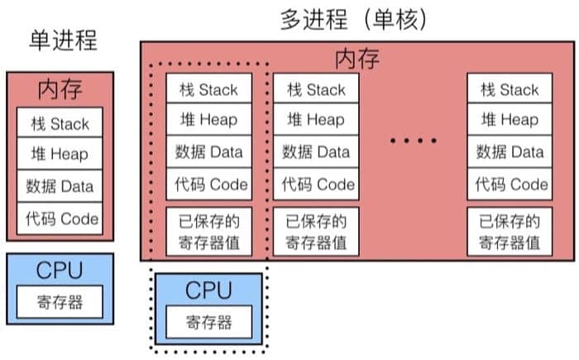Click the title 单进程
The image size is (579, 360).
click(63, 40)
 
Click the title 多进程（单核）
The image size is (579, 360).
click(354, 18)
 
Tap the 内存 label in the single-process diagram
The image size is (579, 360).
click(60, 89)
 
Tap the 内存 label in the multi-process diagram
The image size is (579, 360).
click(357, 60)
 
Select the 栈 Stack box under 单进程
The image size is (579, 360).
click(60, 124)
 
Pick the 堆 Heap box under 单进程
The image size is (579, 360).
click(60, 155)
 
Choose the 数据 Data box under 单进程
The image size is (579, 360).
click(60, 186)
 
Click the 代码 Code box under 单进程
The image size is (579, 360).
click(60, 218)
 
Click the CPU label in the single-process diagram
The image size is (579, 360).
click(60, 271)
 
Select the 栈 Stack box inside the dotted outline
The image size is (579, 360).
click(208, 89)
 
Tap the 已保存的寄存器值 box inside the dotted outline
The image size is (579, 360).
click(208, 232)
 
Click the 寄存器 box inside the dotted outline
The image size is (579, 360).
click(208, 321)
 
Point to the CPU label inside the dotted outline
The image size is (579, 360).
click(208, 290)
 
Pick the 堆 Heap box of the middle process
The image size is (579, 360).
click(316, 120)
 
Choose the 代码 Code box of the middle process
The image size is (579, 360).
click(316, 184)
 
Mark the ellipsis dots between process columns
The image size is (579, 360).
click(413, 142)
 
